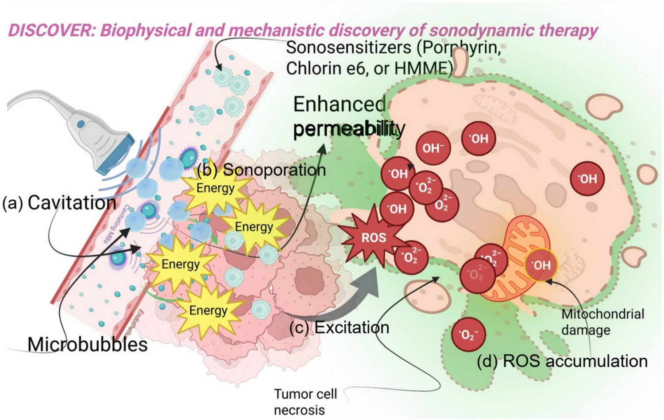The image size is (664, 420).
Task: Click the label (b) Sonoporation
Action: [x=262, y=170]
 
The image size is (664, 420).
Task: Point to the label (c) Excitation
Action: [x=339, y=327]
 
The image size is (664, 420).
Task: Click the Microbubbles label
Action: [x=87, y=344]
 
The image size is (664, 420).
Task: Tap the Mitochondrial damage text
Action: [x=602, y=322]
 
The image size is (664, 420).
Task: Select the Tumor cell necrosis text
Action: [x=305, y=401]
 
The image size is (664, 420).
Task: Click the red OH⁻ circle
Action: [x=433, y=148]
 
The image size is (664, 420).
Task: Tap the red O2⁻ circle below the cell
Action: [x=468, y=334]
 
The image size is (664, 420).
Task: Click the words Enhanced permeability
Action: [x=348, y=116]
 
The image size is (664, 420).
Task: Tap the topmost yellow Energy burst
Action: [x=216, y=188]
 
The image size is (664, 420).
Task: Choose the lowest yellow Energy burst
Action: [x=208, y=310]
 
